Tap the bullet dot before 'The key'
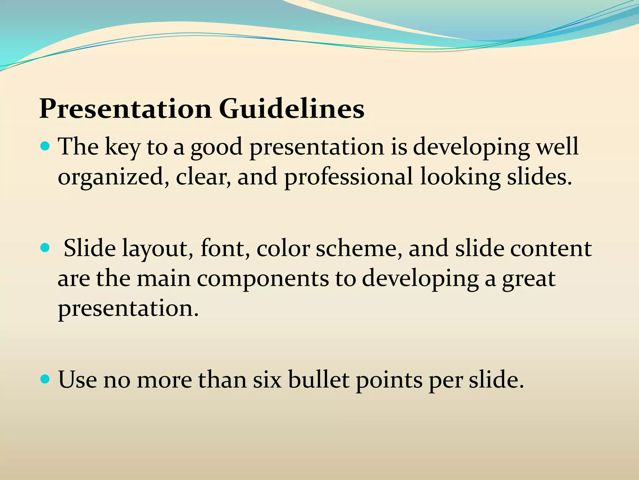pyautogui.click(x=46, y=146)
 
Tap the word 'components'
pyautogui.click(x=262, y=279)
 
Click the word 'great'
pyautogui.click(x=529, y=279)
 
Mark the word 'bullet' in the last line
pyautogui.click(x=318, y=380)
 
